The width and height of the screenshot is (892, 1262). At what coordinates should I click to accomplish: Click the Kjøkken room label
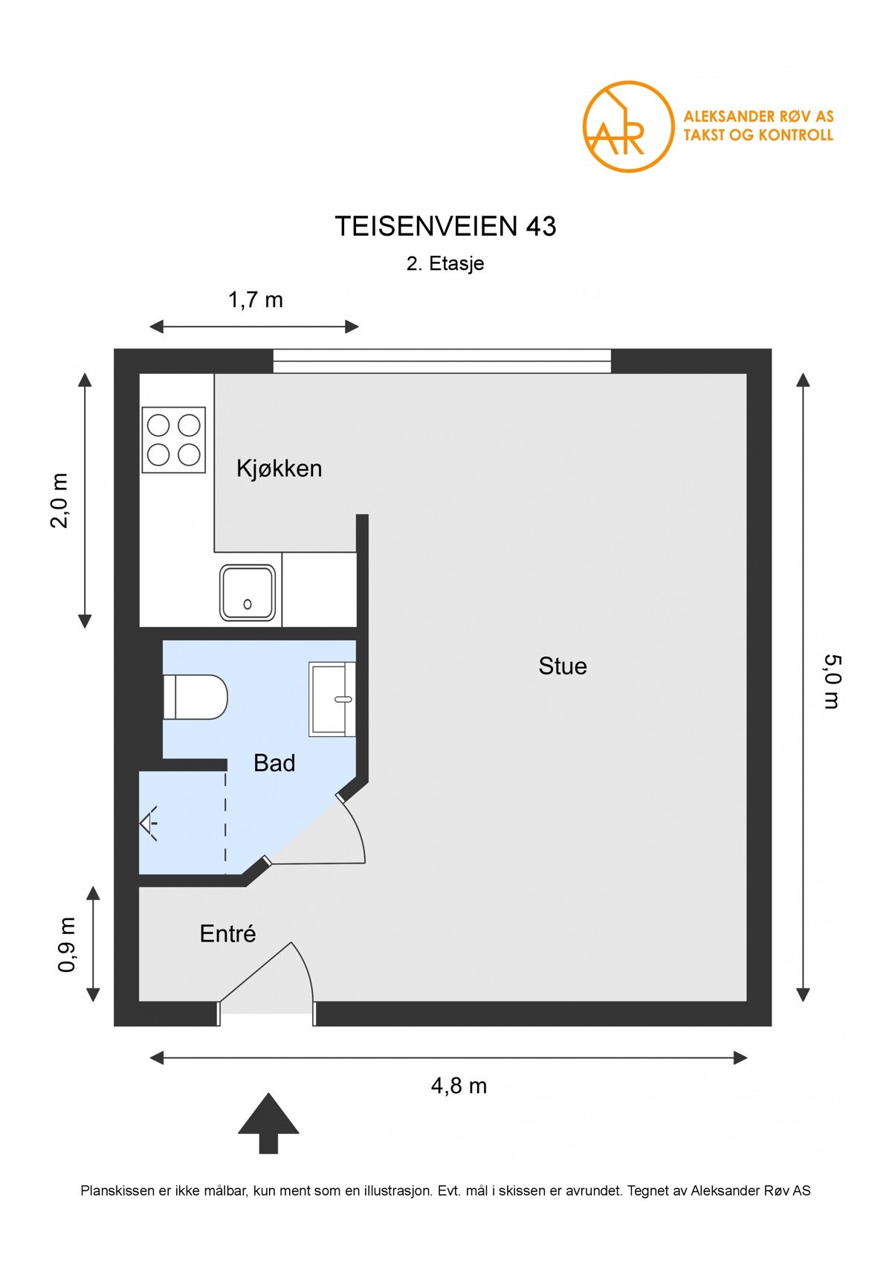click(279, 469)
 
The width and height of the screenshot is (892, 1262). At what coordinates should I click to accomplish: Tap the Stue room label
click(563, 666)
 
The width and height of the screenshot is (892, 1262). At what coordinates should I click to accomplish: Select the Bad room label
click(274, 763)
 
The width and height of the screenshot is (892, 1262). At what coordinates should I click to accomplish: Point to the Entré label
click(227, 934)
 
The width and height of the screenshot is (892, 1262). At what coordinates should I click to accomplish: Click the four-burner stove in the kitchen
click(174, 440)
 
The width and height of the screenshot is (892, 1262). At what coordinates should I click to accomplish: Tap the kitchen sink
click(248, 593)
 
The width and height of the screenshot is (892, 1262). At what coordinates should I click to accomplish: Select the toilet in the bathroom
click(195, 697)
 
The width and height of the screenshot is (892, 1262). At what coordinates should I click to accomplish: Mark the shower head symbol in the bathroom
click(149, 823)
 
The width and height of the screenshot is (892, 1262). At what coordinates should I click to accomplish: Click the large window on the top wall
click(442, 361)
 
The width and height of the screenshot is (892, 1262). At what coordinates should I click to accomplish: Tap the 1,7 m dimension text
click(255, 300)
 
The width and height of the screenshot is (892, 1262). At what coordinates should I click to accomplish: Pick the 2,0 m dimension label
click(60, 500)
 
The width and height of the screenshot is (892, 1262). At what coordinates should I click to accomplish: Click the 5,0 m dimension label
click(833, 681)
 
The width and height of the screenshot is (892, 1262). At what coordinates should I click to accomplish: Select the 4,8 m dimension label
click(459, 1086)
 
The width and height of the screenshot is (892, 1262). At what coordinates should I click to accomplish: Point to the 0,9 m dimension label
click(68, 944)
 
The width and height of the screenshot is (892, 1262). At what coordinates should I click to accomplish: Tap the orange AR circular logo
click(628, 127)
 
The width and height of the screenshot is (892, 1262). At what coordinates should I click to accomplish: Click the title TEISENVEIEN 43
click(445, 226)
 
